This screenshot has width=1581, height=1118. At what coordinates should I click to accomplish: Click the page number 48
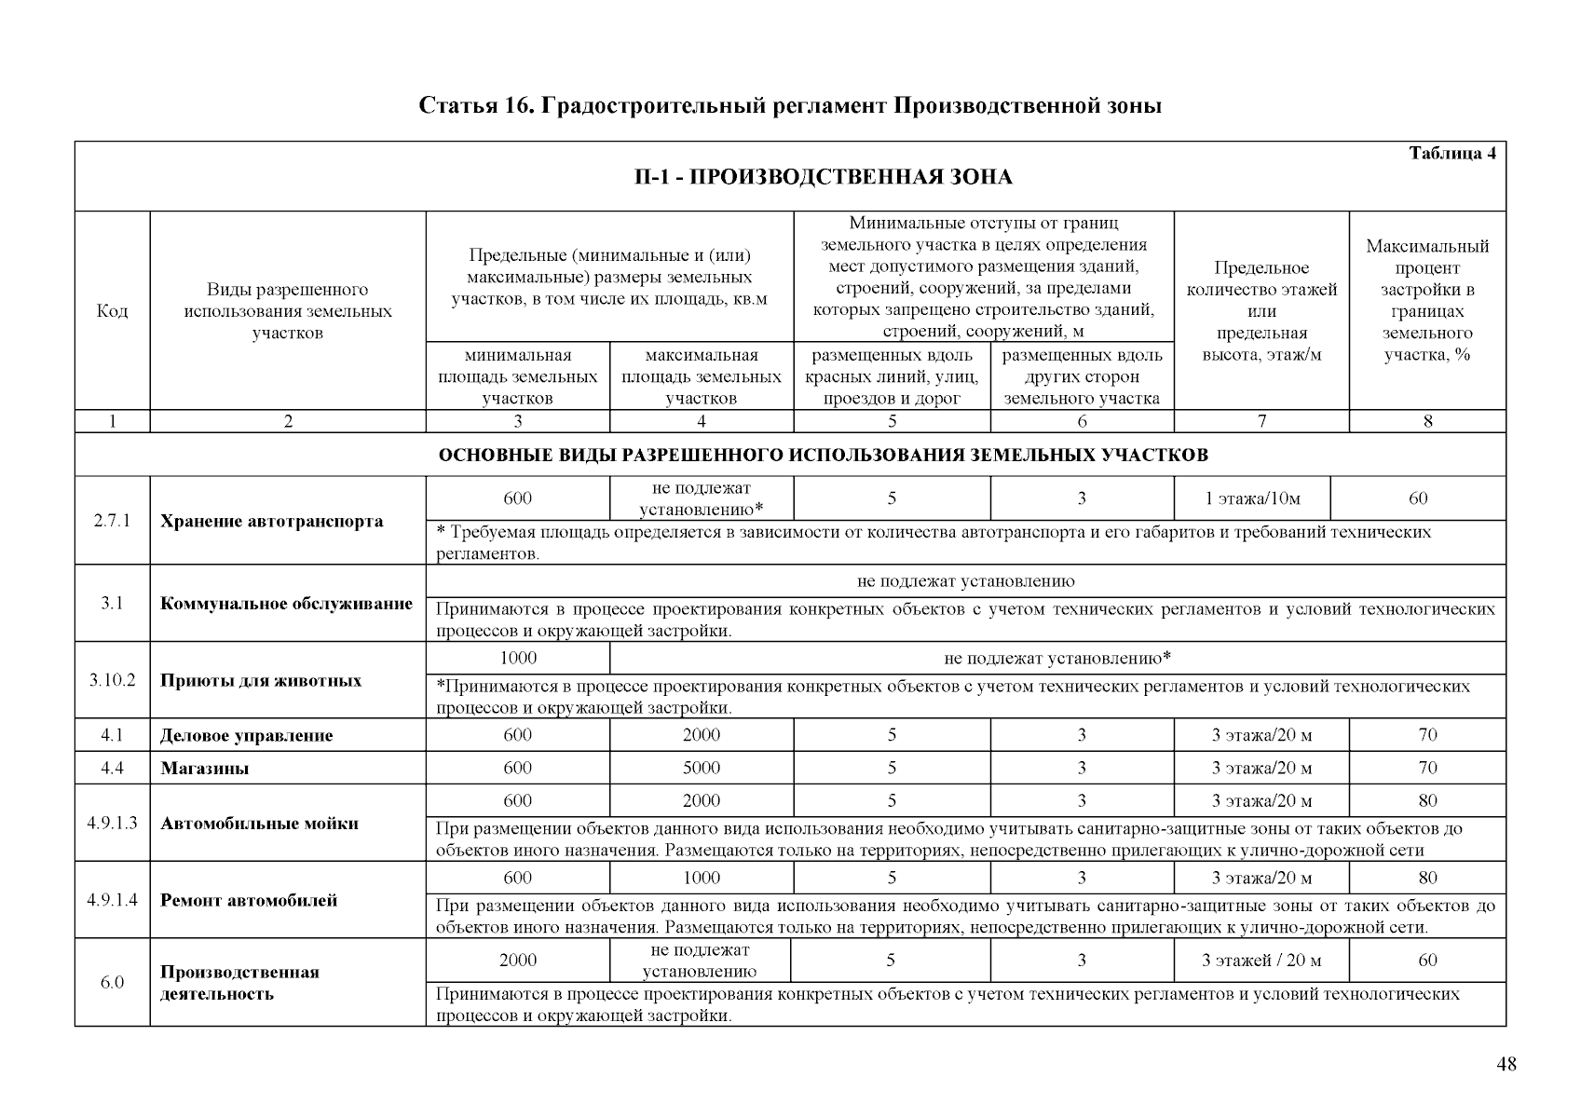coord(1506,1066)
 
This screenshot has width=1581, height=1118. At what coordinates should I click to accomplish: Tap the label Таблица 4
coord(1452,154)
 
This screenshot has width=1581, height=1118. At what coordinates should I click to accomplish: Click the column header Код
coord(112,311)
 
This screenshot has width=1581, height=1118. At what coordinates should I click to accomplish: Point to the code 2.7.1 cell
coord(112,521)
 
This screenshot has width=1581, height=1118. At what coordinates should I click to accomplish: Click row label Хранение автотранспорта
coord(271,521)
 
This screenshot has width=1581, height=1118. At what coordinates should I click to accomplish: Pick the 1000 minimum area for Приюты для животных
coord(518,658)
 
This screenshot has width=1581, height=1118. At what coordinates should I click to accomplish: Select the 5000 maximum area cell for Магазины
coord(701,769)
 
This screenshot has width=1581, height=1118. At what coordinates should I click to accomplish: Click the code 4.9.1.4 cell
coord(112,900)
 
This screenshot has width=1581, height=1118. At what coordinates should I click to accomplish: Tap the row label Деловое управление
coord(246,736)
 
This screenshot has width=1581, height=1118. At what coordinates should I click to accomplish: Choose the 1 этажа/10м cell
coord(1252,498)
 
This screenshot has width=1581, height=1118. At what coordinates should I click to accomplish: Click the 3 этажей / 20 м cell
coord(1261,961)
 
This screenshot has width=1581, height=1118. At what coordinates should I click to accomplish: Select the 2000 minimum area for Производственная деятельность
coord(518,961)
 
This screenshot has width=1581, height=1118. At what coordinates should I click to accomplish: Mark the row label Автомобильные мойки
coord(259,824)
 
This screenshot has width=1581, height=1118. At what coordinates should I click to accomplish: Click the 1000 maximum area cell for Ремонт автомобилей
coord(701,878)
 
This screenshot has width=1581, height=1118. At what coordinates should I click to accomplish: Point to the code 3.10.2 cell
coord(112,680)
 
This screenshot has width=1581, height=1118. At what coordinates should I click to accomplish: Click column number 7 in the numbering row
coord(1261,421)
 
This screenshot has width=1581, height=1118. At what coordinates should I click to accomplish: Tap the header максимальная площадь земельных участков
coord(701,376)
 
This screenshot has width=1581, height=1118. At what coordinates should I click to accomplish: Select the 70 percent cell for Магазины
coord(1426,769)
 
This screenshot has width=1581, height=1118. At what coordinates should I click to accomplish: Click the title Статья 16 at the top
coord(789,105)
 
